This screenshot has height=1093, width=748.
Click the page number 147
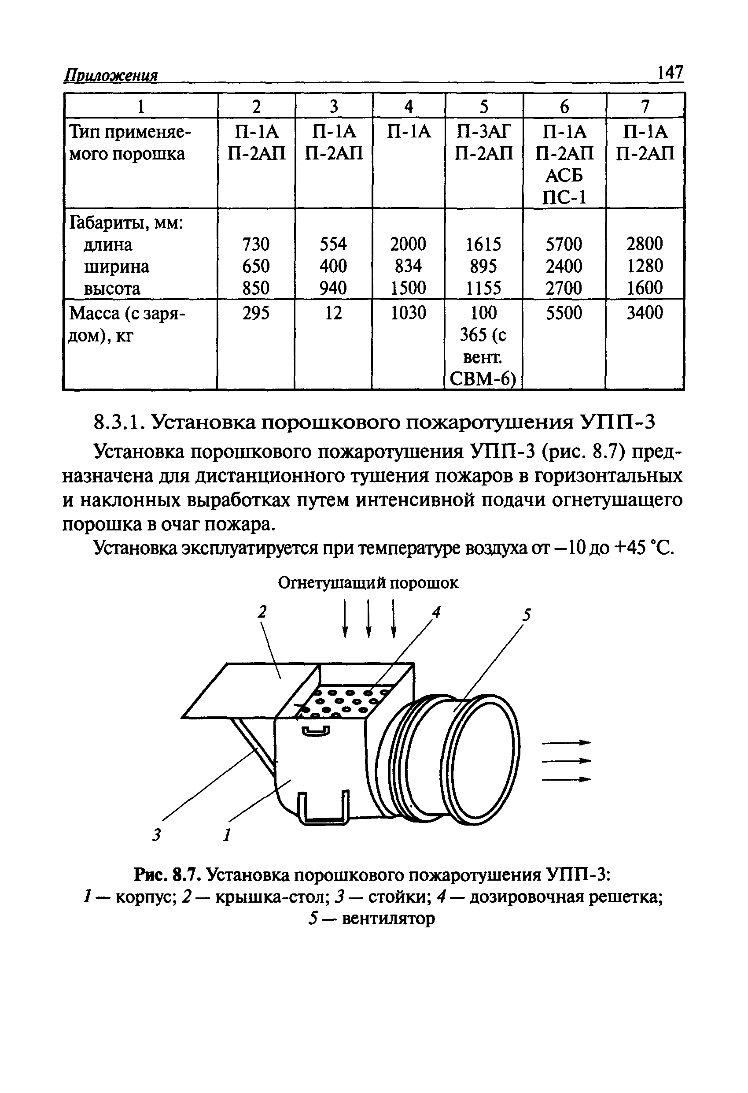pos(670,73)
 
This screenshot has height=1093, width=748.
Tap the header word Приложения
pos(111,76)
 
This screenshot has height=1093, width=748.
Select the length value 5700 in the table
pos(564,244)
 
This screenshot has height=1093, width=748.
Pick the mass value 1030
pos(408,313)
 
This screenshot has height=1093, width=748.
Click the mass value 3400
pos(645,313)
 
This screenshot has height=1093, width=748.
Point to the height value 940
pos(333,288)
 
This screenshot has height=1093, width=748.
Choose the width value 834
pos(408,266)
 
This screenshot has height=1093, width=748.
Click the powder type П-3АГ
pos(483,132)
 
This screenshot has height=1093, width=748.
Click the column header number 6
pos(564,106)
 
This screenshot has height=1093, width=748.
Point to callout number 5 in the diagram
pos(527,615)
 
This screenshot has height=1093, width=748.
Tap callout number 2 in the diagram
pos(262,611)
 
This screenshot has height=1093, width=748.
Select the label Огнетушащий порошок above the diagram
pos(368,583)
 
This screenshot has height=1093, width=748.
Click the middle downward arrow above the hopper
pos(369,618)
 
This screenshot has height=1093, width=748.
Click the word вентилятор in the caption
pos(388,918)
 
